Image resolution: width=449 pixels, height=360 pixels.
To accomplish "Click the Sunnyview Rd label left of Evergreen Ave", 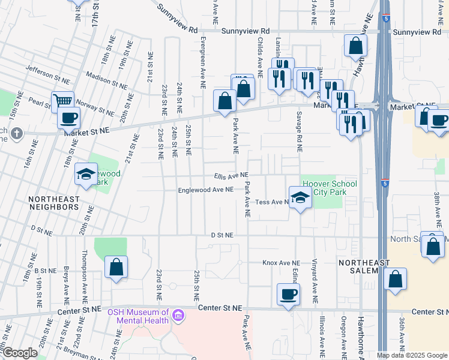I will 177,29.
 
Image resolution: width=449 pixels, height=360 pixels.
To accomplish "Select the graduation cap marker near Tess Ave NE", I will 300,197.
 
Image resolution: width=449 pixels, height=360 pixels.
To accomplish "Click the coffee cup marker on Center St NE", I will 288,295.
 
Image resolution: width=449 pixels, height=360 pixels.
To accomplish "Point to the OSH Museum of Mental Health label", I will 137,316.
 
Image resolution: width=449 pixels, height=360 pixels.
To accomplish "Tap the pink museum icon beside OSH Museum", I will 178,315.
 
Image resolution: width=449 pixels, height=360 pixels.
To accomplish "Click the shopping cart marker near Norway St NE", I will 62,101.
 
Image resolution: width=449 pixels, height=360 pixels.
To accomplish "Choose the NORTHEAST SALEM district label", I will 364,266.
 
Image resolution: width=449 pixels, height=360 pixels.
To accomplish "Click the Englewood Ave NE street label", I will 205,190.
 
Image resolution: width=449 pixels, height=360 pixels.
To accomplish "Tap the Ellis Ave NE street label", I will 231,175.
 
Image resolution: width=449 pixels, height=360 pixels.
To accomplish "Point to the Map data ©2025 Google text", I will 412,355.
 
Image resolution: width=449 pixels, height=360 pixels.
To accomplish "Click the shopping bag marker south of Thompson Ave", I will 116,268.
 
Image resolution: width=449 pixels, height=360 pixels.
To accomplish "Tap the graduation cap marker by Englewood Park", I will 86,175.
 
